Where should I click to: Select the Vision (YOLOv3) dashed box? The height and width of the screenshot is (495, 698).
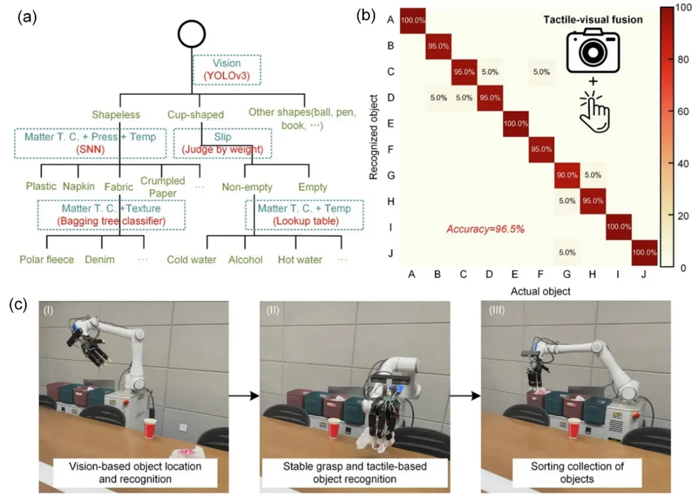pyautogui.click(x=227, y=70)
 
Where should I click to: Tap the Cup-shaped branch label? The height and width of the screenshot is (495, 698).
pyautogui.click(x=196, y=114)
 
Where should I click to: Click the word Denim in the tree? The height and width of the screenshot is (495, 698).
pyautogui.click(x=99, y=259)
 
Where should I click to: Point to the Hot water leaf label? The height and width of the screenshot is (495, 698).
pyautogui.click(x=300, y=259)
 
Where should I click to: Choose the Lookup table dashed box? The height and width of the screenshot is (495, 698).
pyautogui.click(x=305, y=215)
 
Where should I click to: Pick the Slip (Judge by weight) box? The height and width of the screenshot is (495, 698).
pyautogui.click(x=223, y=143)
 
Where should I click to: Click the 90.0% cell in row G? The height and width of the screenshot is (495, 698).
pyautogui.click(x=567, y=175)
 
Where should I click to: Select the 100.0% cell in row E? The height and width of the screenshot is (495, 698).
pyautogui.click(x=516, y=124)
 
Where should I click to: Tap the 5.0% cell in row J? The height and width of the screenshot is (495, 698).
pyautogui.click(x=567, y=252)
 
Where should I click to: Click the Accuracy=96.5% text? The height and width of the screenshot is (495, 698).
pyautogui.click(x=485, y=230)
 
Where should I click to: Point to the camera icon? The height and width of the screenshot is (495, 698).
pyautogui.click(x=593, y=50)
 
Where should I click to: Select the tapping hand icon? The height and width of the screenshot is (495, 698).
pyautogui.click(x=595, y=111)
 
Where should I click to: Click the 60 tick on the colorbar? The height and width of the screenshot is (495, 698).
pyautogui.click(x=683, y=111)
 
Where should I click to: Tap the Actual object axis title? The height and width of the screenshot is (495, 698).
pyautogui.click(x=540, y=291)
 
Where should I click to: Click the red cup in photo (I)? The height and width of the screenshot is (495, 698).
pyautogui.click(x=150, y=429)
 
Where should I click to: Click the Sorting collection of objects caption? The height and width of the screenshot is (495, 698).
pyautogui.click(x=577, y=472)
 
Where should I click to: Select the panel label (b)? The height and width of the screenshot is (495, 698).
pyautogui.click(x=366, y=15)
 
